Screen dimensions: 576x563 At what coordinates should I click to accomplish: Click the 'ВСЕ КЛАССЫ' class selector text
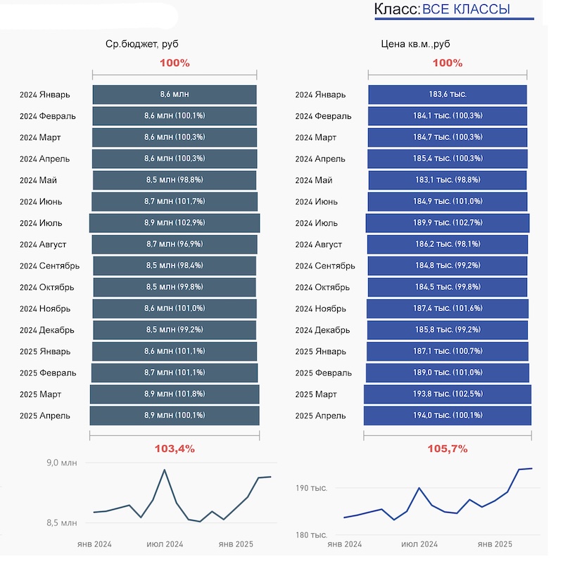click(466, 9)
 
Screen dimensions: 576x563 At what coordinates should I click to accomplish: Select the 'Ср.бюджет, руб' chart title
click(146, 44)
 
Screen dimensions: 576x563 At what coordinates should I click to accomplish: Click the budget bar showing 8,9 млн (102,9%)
click(175, 223)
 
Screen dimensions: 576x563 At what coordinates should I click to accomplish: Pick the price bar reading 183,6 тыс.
click(448, 94)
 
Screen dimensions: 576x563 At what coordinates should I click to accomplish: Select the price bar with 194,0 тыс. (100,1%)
click(448, 415)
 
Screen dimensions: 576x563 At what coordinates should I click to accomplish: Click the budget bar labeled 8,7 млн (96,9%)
click(175, 244)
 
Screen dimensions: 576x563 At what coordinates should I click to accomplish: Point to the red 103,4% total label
click(175, 449)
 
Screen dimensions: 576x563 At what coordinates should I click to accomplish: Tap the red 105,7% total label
click(448, 449)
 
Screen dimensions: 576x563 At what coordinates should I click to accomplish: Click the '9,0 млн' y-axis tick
click(61, 463)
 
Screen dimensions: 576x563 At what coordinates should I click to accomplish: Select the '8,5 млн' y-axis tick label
click(61, 522)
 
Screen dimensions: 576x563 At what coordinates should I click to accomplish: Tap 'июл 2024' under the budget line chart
click(165, 544)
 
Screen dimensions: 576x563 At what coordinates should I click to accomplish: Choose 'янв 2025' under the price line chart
click(495, 544)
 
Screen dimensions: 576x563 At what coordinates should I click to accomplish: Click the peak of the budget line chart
click(165, 470)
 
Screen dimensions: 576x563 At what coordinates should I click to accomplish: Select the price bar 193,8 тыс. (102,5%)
click(448, 394)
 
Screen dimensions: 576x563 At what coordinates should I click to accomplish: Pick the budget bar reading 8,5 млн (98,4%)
click(175, 266)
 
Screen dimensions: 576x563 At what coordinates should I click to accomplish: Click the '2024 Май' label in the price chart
click(314, 180)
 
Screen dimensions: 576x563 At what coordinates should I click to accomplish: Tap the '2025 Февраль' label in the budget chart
click(48, 372)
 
